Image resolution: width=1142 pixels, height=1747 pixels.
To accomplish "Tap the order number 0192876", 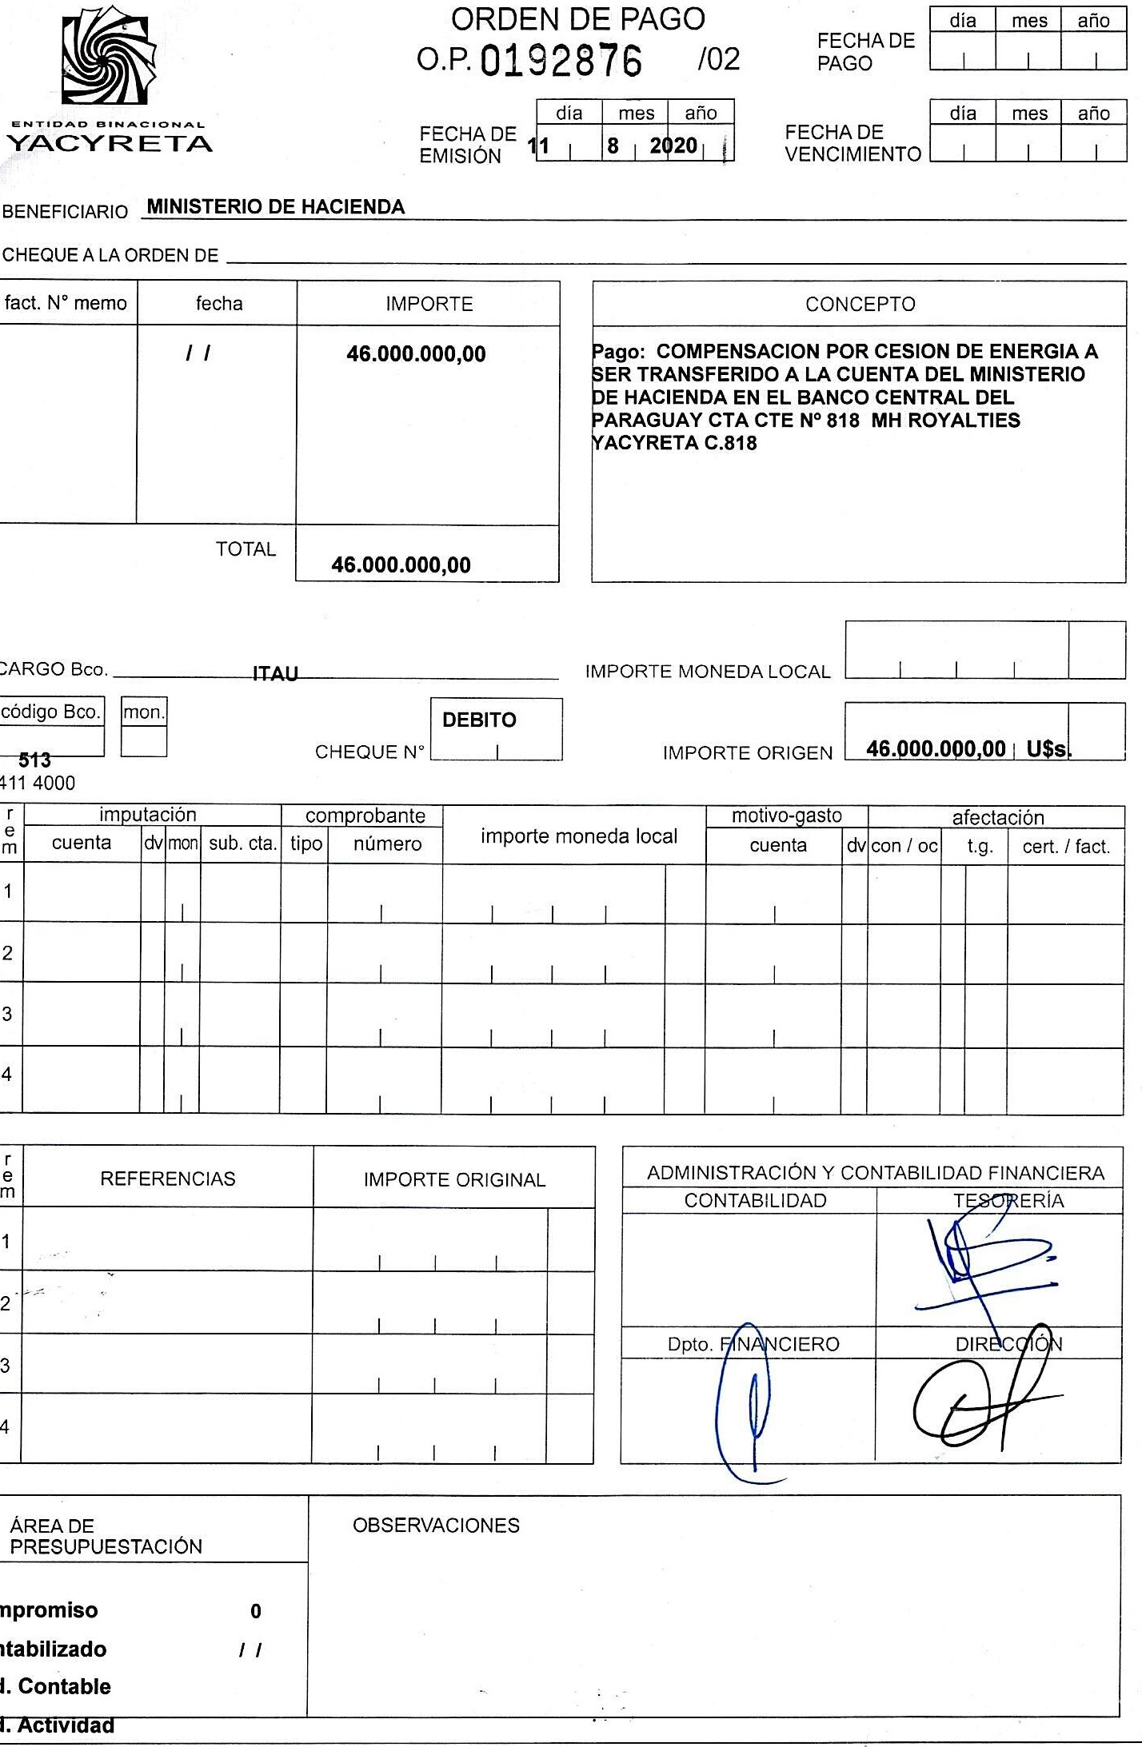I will point(561,61).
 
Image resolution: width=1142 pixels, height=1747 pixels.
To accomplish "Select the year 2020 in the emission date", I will point(673,146).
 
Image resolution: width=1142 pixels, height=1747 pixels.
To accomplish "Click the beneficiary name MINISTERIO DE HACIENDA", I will point(276,207).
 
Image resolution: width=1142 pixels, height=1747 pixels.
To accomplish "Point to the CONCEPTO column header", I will point(860,304).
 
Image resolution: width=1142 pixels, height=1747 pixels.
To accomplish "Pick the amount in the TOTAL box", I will point(401,565).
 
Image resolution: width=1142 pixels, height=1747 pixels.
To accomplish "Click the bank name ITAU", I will point(275,674).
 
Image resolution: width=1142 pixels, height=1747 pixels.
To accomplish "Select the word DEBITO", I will point(479,720).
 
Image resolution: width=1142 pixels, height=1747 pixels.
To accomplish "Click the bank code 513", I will point(34,760).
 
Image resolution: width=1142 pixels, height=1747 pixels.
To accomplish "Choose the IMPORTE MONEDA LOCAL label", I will point(708,672).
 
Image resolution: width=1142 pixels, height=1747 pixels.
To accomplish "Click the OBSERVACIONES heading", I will point(436,1526).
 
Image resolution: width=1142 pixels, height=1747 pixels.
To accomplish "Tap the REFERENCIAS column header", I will point(168,1179).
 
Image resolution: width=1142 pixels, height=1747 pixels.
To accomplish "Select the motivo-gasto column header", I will point(787,816).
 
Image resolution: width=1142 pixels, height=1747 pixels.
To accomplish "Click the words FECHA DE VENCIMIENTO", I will point(853,143).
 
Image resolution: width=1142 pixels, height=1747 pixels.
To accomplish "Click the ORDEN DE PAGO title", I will point(577,19).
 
